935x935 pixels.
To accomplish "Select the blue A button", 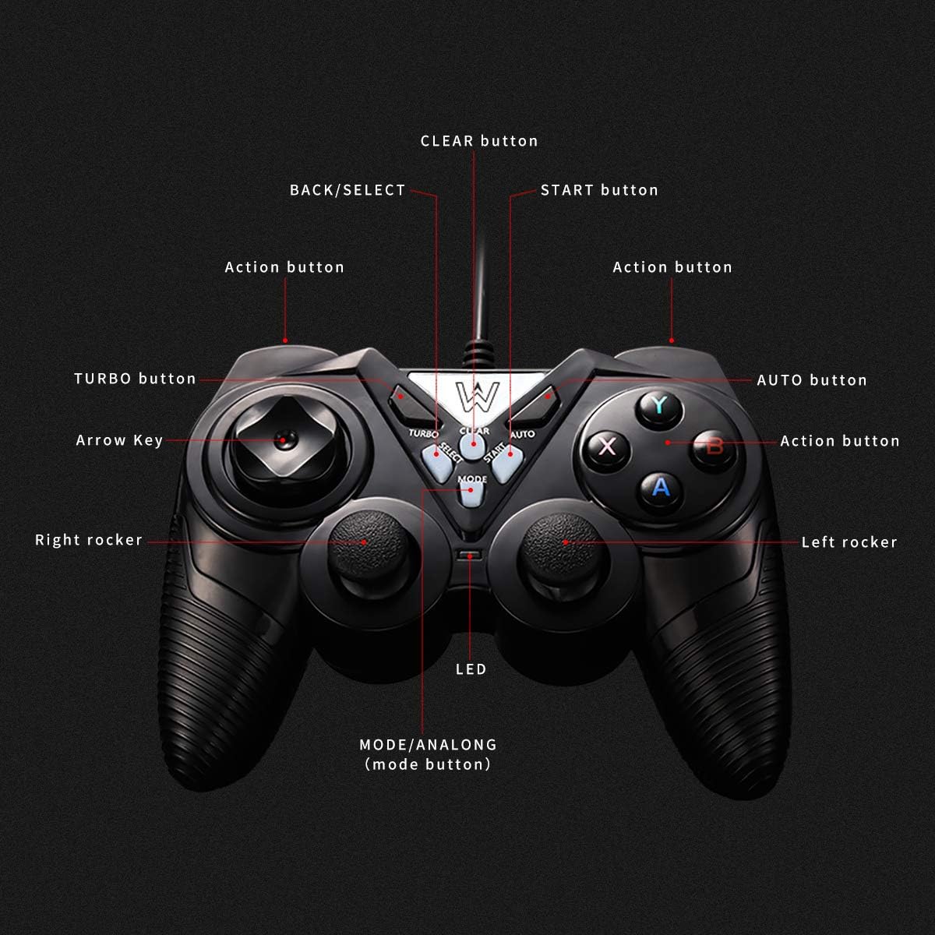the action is tap(661, 488).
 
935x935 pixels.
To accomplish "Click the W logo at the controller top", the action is tap(470, 394).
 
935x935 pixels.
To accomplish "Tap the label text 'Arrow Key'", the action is tap(119, 440).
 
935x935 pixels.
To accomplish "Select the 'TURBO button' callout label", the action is tap(135, 379).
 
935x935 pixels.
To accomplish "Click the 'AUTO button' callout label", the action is tap(812, 380).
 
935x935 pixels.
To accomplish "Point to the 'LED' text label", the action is tap(471, 669).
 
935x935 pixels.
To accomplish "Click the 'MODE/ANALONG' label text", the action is tap(428, 745).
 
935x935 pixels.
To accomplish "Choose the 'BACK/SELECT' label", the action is tap(348, 190).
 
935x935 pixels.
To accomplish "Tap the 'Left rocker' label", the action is tap(849, 542).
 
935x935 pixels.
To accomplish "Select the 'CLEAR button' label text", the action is tap(479, 141).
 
